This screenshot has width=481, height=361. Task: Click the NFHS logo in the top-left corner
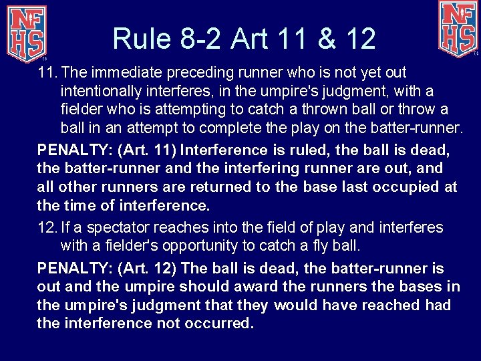[26, 31]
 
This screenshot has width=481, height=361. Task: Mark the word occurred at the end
[218, 324]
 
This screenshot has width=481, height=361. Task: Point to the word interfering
[263, 168]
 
